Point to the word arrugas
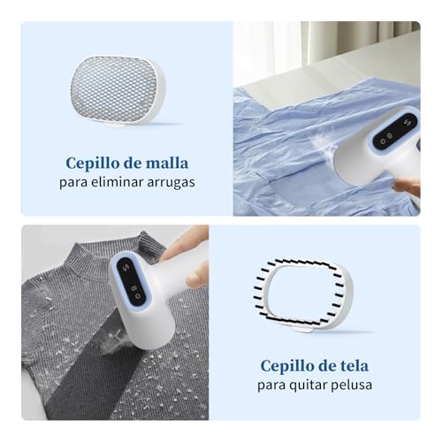pyautogui.click(x=171, y=183)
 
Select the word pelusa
pyautogui.click(x=353, y=385)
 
